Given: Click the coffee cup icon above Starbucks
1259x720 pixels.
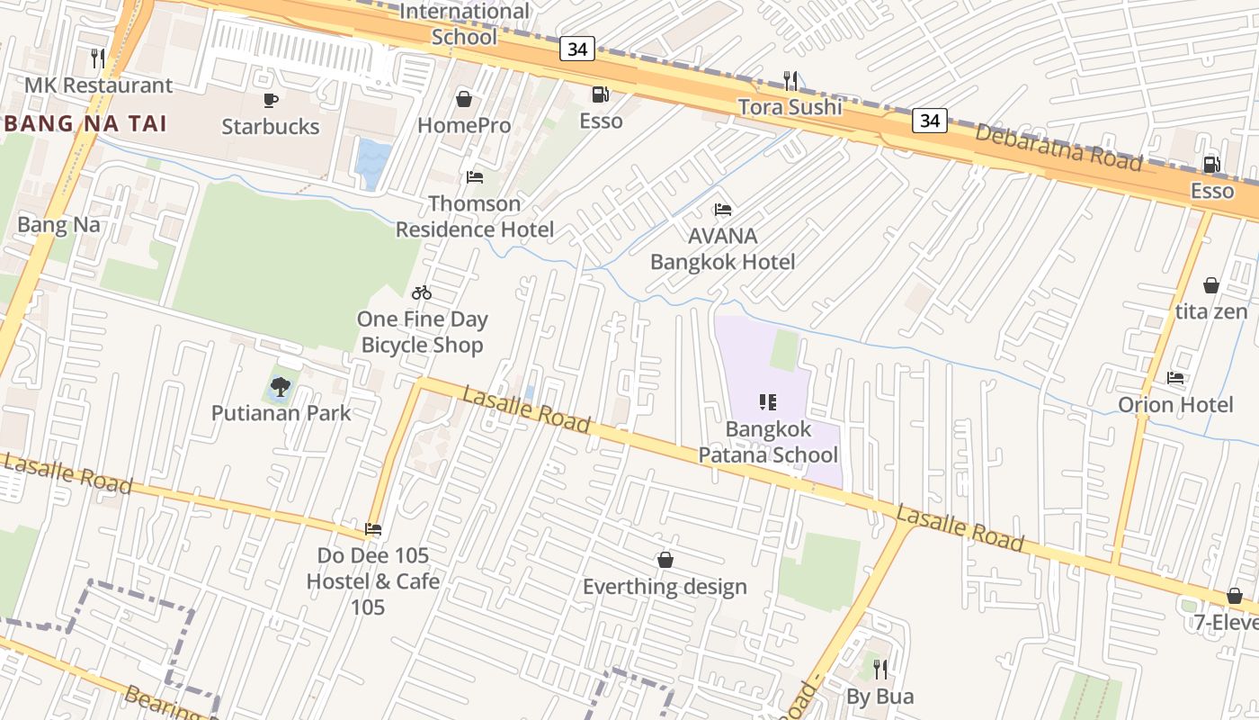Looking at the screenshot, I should coord(270,100).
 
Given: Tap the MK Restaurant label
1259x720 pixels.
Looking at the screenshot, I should coord(98,85).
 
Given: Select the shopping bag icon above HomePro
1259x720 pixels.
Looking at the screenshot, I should coord(464,98).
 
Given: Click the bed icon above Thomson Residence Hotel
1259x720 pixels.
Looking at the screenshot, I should coord(475,176).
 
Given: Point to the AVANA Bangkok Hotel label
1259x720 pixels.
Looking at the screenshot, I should coord(722,249).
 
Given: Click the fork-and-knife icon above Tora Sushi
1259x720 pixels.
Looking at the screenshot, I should coord(790,80).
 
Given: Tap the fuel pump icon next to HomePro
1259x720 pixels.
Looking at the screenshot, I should coord(600,94).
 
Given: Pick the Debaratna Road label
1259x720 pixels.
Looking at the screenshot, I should coord(1058,148).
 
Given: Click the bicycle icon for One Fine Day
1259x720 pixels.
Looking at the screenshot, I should coord(422,292).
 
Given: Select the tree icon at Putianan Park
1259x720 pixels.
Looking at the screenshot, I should coord(281,387).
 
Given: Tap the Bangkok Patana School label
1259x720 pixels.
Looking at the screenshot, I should coord(768,442).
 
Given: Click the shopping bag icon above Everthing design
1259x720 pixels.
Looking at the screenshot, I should coord(665,560).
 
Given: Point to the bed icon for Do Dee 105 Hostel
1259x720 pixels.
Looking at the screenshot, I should coord(373,528).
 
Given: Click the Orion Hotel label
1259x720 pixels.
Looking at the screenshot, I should coord(1174,405).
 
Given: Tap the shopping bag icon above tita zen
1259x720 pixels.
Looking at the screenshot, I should coord(1210,285).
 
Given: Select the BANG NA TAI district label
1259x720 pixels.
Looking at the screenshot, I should coord(86,123).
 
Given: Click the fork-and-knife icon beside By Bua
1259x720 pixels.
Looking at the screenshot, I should coord(880,669).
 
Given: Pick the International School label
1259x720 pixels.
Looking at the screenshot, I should coord(464,24).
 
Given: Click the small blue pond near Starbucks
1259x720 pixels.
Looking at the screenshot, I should coord(373,162).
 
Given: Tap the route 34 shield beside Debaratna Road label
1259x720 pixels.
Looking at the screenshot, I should coord(930,120).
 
